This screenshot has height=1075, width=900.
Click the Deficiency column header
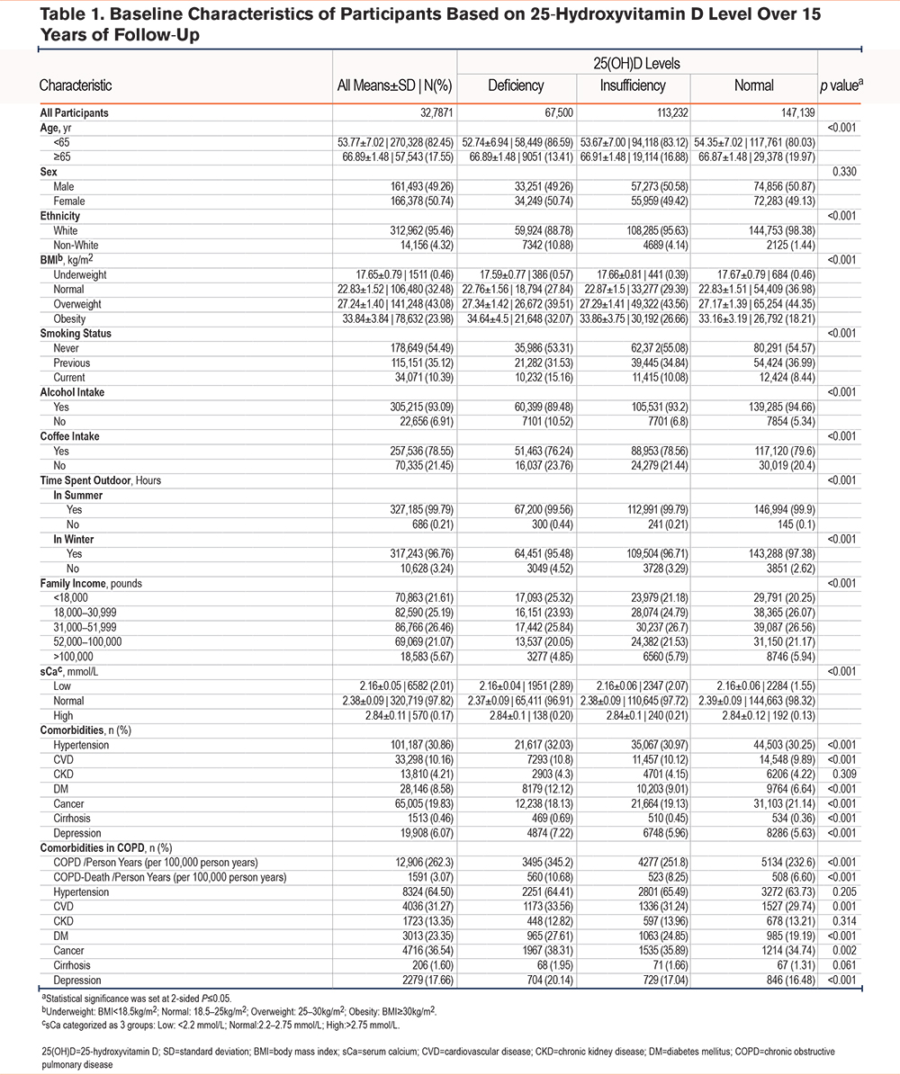(x=516, y=85)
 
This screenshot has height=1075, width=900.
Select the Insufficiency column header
(x=633, y=85)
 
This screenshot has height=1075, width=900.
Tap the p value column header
(x=841, y=85)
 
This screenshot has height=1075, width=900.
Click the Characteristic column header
(x=76, y=85)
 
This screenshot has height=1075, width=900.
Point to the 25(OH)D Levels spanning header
(x=636, y=64)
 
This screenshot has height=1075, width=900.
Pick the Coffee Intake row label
(x=69, y=436)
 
